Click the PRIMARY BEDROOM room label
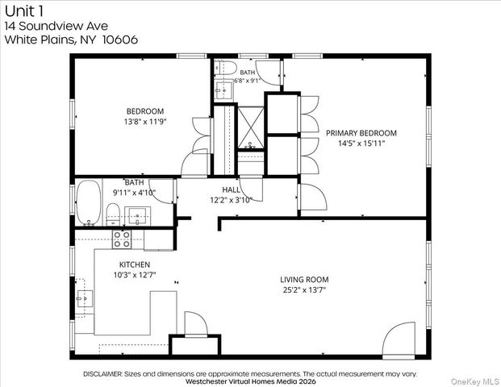coord(361,133)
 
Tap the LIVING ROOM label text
coord(304,280)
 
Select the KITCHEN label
coord(135,264)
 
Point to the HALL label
coord(231,190)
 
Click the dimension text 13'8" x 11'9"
coord(145,122)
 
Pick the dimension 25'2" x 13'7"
coord(304,290)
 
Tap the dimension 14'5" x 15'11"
coord(361,143)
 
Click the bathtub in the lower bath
coord(89,202)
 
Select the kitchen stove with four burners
coord(122,239)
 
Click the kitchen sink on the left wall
coord(85,298)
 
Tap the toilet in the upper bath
coord(226,68)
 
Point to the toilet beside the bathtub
coord(112,214)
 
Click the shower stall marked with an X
coord(251,127)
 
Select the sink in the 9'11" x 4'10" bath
coord(137,216)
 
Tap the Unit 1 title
coord(24,11)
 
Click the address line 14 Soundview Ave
coord(56,26)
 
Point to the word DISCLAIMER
coord(102,374)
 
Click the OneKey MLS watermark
coord(475,381)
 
